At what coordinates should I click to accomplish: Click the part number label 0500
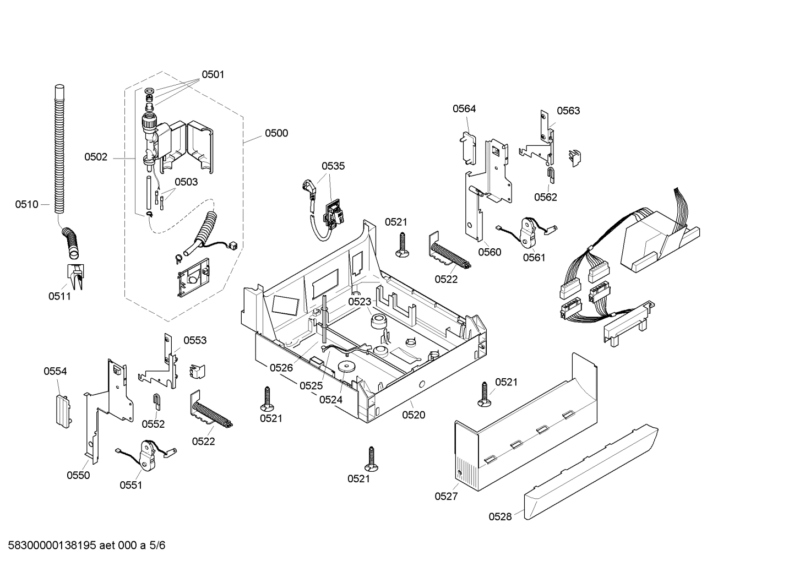pyautogui.click(x=276, y=133)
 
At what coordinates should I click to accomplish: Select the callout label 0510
pyautogui.click(x=26, y=205)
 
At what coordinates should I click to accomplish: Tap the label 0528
pyautogui.click(x=499, y=516)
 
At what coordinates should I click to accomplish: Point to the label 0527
pyautogui.click(x=445, y=496)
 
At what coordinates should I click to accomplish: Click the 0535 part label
pyautogui.click(x=333, y=166)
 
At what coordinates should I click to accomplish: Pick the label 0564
pyautogui.click(x=464, y=109)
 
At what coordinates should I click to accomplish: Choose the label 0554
pyautogui.click(x=55, y=372)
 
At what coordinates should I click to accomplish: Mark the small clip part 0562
pyautogui.click(x=551, y=175)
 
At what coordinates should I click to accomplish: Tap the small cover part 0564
pyautogui.click(x=467, y=147)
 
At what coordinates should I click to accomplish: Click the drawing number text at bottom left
pyautogui.click(x=83, y=546)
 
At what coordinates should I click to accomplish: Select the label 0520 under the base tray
pyautogui.click(x=414, y=415)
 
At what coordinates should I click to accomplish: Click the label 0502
pyautogui.click(x=96, y=157)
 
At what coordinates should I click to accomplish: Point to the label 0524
pyautogui.click(x=330, y=400)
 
